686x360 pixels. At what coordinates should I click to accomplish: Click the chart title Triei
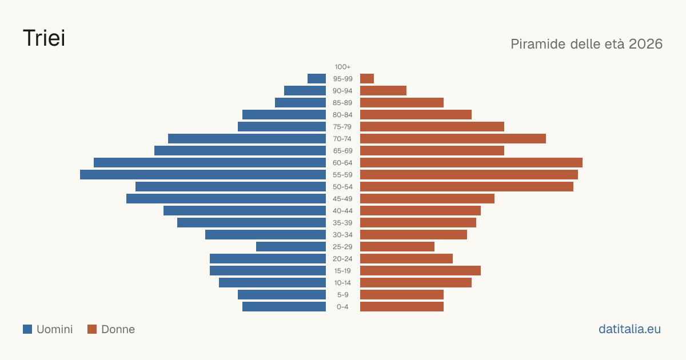pos(44,38)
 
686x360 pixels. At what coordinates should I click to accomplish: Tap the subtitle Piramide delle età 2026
pos(587,44)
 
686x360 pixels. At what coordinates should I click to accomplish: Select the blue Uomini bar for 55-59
pos(203,174)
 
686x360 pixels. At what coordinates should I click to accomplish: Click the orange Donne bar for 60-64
pos(471,162)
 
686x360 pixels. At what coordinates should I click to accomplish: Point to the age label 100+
pos(342,67)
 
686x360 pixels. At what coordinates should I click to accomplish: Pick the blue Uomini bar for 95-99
pos(317,79)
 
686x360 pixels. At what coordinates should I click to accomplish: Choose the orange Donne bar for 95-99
pos(367,79)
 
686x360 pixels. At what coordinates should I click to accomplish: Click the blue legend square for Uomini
pos(27,329)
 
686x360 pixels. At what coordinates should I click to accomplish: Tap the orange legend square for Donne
pos(92,329)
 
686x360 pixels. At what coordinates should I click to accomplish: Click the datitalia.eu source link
pos(629,329)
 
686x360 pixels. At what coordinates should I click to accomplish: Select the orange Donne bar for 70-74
pos(453,139)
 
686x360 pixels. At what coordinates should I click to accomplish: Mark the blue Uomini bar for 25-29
pos(291,247)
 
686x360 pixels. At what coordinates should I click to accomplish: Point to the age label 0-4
pos(342,307)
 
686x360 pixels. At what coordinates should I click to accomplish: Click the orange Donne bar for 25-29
pos(397,247)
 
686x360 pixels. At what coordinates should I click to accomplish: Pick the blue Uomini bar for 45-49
pos(226,199)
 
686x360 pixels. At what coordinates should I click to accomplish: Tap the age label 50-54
pos(342,187)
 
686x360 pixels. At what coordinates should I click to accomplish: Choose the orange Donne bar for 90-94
pos(383,91)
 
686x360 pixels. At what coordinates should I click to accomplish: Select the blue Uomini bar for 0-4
pos(284,307)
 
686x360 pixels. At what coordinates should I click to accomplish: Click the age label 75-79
pos(342,127)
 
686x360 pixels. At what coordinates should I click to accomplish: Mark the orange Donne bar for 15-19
pos(421,271)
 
